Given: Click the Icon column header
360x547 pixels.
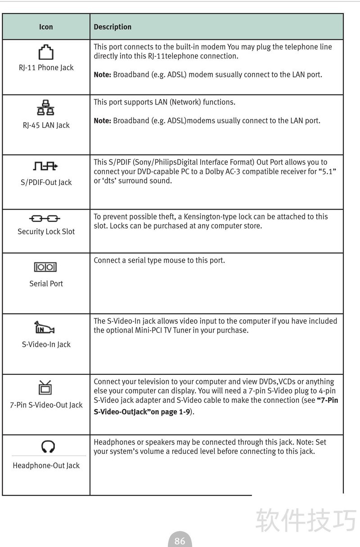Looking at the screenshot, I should point(46,27).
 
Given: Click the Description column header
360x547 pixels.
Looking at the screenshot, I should point(112,27).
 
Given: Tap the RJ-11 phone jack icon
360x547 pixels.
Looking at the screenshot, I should point(46,52).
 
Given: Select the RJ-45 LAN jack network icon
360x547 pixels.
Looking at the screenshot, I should point(46,108).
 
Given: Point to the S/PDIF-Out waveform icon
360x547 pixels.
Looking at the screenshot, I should point(46,167).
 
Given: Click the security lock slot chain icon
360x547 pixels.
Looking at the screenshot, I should point(45,219).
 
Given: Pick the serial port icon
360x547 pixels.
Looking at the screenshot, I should point(45,267).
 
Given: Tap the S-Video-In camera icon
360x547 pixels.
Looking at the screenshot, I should point(45,327).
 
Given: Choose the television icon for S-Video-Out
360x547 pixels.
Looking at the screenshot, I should point(45,387).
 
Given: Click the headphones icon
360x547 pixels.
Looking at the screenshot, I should point(48,447).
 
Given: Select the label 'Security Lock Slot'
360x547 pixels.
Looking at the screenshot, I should point(46,232).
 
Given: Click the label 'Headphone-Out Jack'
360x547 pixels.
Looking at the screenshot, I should point(46,466).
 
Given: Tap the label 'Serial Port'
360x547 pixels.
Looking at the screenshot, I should point(46,283).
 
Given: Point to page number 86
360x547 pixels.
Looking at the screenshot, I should point(180,541).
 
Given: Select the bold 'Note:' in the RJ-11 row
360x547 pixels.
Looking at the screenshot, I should point(102,75).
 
